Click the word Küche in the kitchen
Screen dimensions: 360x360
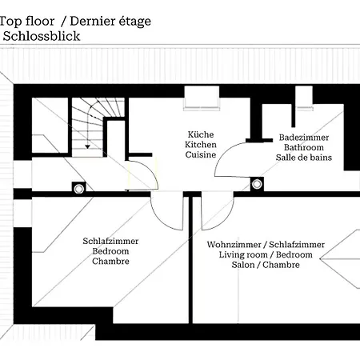coord(201,134)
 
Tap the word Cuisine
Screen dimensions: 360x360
coord(201,154)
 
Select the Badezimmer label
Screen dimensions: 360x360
coord(304,138)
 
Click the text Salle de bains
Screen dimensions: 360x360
coord(304,158)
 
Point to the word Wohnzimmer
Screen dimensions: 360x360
coord(234,245)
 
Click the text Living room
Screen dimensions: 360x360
coord(243,254)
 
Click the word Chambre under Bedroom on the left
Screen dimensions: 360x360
coord(110,261)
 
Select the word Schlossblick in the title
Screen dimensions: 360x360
coord(42,36)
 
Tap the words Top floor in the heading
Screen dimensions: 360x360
coord(27,22)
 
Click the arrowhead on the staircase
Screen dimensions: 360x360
coord(87,146)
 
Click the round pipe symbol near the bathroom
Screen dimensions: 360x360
coord(257,184)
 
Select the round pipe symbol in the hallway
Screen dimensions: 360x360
coord(78,189)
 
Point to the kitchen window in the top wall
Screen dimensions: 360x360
coord(202,98)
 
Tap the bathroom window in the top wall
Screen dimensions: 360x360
coord(304,98)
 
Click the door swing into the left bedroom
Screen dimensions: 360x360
coord(159,218)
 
